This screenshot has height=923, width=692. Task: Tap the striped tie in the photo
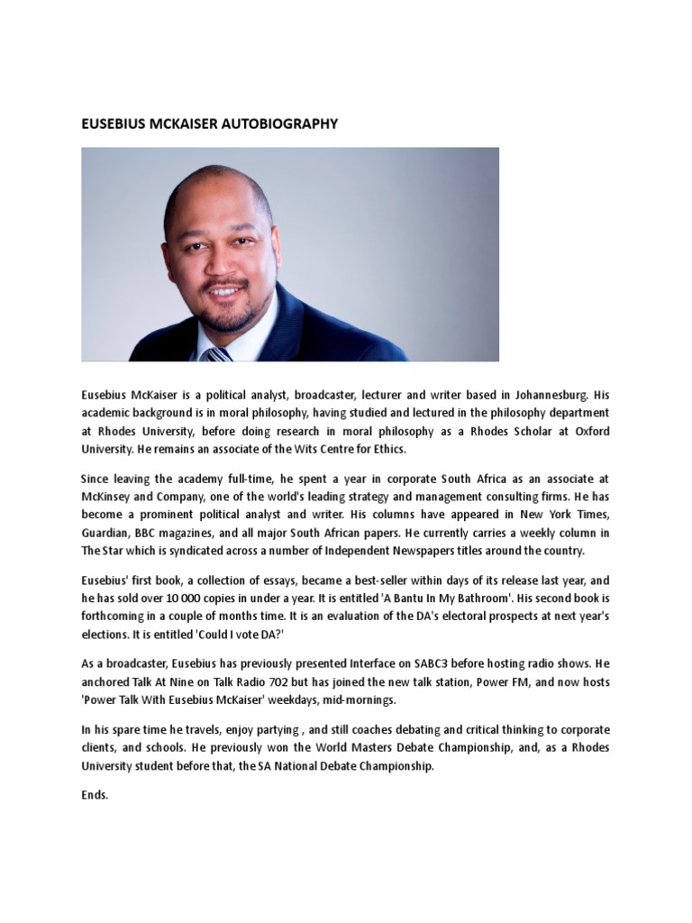pyautogui.click(x=219, y=353)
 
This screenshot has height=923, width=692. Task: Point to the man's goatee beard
pyautogui.click(x=225, y=315)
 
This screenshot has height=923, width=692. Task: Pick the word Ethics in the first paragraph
pyautogui.click(x=387, y=449)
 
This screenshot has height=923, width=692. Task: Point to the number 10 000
pyautogui.click(x=185, y=599)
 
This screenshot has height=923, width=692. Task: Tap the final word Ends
pyautogui.click(x=95, y=795)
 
